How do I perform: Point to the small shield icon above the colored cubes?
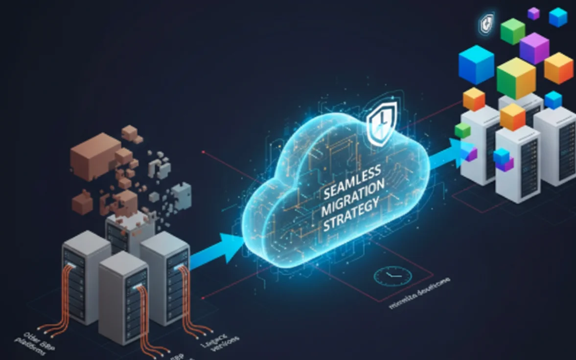tap(487, 22)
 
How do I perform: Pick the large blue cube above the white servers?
tap(476, 64)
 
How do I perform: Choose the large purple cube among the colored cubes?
tap(534, 47)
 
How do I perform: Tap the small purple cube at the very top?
tap(533, 13)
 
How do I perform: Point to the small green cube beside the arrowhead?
tap(462, 131)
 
